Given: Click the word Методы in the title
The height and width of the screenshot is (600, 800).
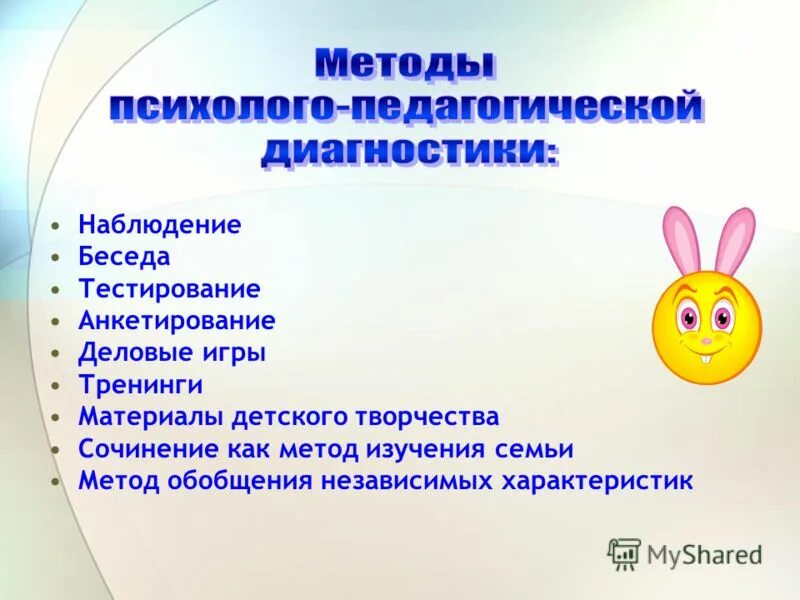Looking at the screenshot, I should [404, 65].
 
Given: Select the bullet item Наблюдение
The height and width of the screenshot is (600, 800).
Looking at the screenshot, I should [160, 225].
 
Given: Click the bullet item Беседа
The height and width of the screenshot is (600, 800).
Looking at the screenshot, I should [124, 257].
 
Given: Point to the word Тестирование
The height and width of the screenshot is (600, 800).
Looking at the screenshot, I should [169, 289].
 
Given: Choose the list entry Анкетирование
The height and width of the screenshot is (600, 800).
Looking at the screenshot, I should [177, 321].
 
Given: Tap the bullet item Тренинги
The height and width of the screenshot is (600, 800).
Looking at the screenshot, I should [141, 385].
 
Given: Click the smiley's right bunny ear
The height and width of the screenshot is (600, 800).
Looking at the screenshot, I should [737, 240].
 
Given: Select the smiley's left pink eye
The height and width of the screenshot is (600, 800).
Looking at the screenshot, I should [686, 318].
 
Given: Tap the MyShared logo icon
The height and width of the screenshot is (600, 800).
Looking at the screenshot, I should [624, 553].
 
